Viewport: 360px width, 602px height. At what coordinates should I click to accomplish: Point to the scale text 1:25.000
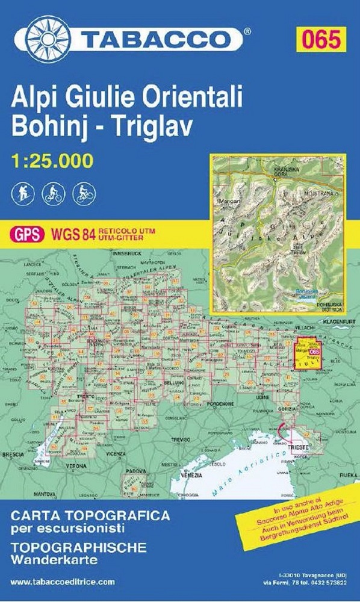52,161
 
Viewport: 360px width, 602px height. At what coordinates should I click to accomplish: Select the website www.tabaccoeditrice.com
63,582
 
